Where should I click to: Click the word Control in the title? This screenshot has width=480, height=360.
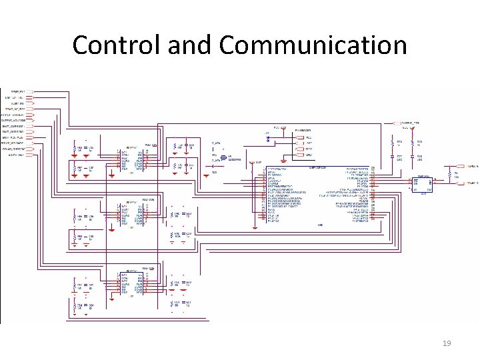tap(117, 45)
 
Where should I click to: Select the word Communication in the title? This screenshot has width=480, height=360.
tap(313, 45)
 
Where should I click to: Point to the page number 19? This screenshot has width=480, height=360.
tap(447, 343)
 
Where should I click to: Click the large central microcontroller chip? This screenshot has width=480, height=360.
tap(317, 193)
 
